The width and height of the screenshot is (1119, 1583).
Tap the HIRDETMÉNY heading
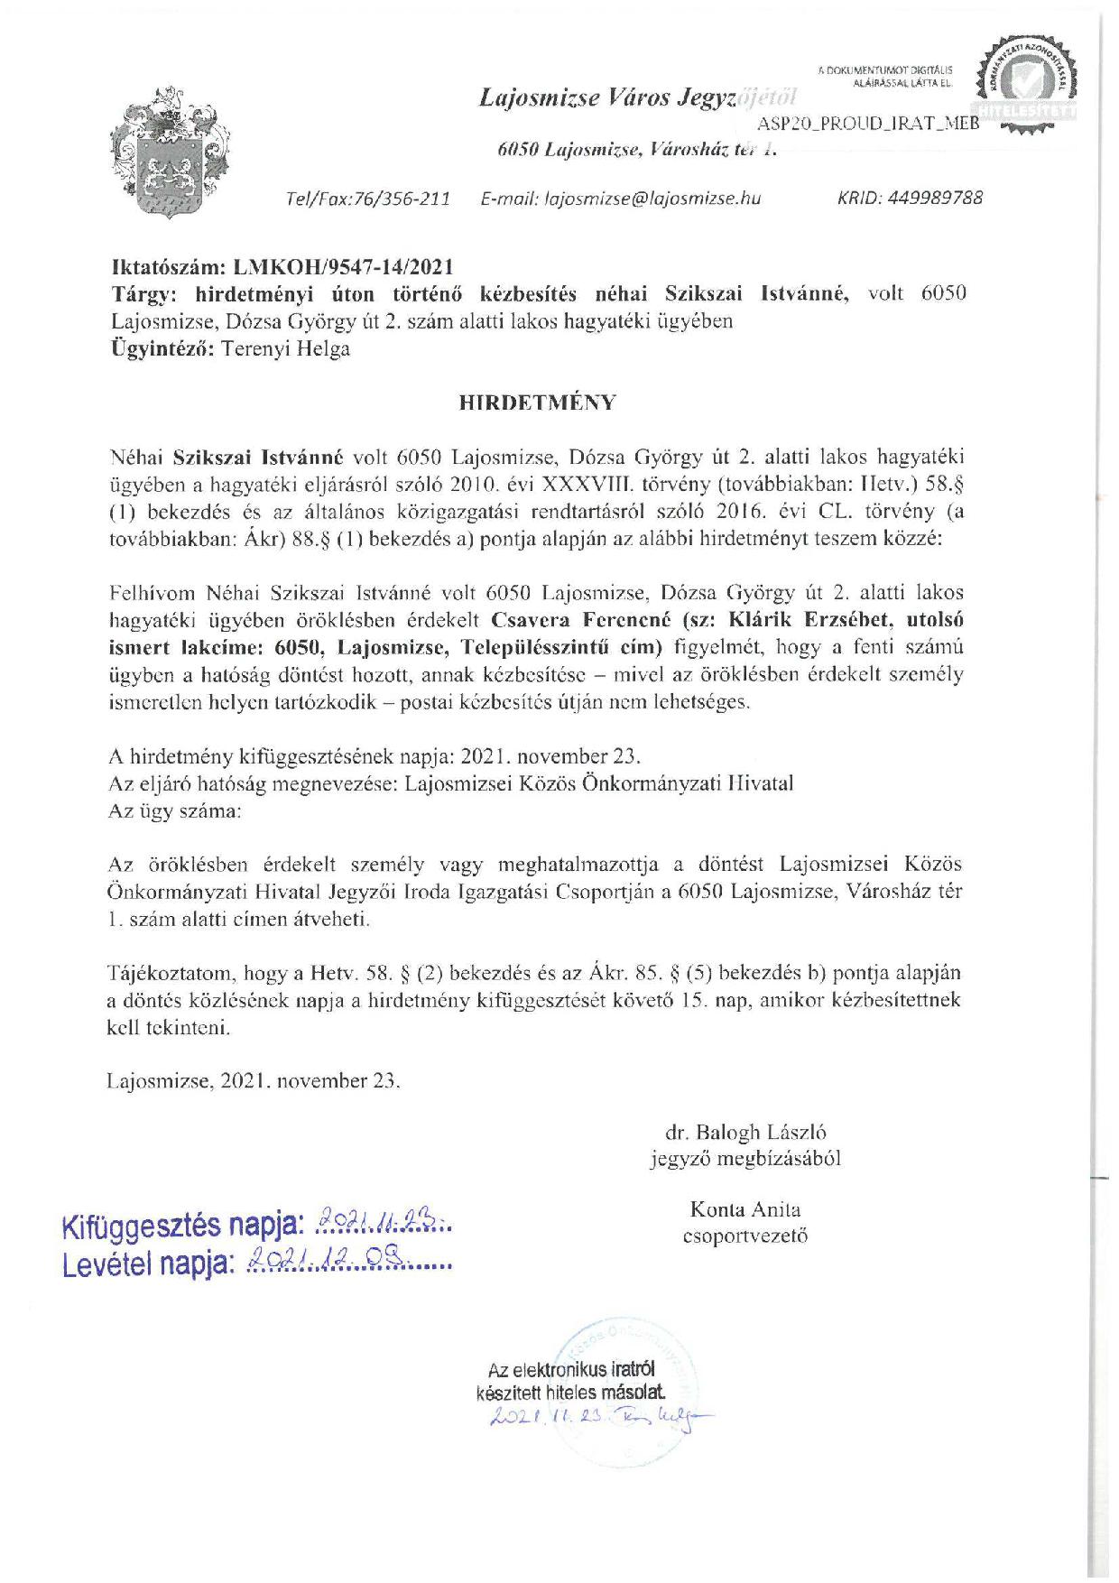[x=538, y=403]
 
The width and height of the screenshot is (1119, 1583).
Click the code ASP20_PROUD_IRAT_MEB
[x=867, y=124]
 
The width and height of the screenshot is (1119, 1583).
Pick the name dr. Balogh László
[x=745, y=1133]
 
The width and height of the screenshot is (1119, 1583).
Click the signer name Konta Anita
[x=744, y=1209]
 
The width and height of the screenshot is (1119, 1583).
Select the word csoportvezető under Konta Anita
[x=745, y=1236]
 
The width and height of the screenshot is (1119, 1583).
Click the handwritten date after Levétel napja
[x=347, y=1261]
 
